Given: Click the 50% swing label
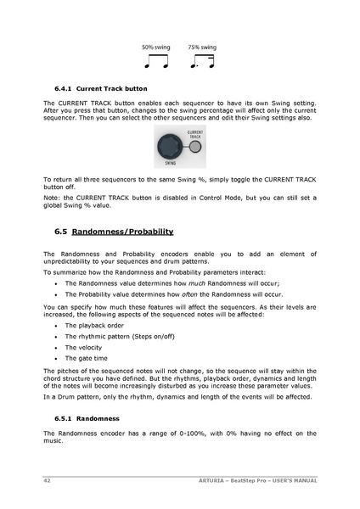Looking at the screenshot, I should [x=155, y=48].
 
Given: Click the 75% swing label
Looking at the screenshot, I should [x=201, y=48].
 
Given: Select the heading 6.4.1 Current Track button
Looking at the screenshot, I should [x=100, y=89].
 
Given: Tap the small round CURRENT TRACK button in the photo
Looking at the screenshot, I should [x=194, y=147].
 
